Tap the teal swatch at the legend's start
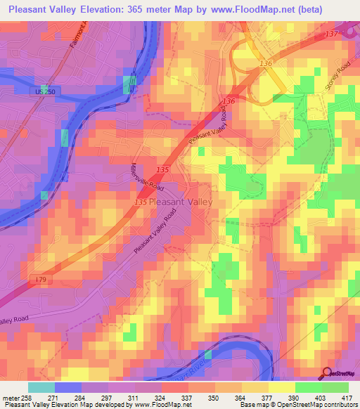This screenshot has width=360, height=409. [41, 387]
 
